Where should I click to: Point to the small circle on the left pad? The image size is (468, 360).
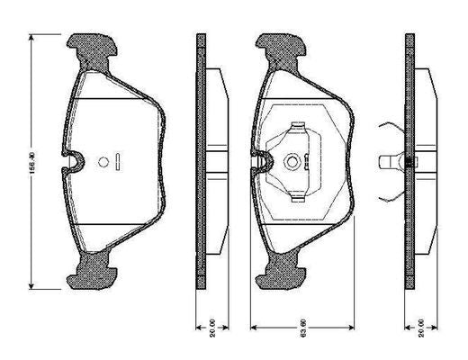pos(103,163)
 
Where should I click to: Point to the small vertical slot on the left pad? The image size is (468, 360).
pos(119,163)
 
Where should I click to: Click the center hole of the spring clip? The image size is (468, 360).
pos(292,163)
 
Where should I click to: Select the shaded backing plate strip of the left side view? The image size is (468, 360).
pos(201,162)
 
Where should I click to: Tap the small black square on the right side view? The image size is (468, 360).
pos(409,163)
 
